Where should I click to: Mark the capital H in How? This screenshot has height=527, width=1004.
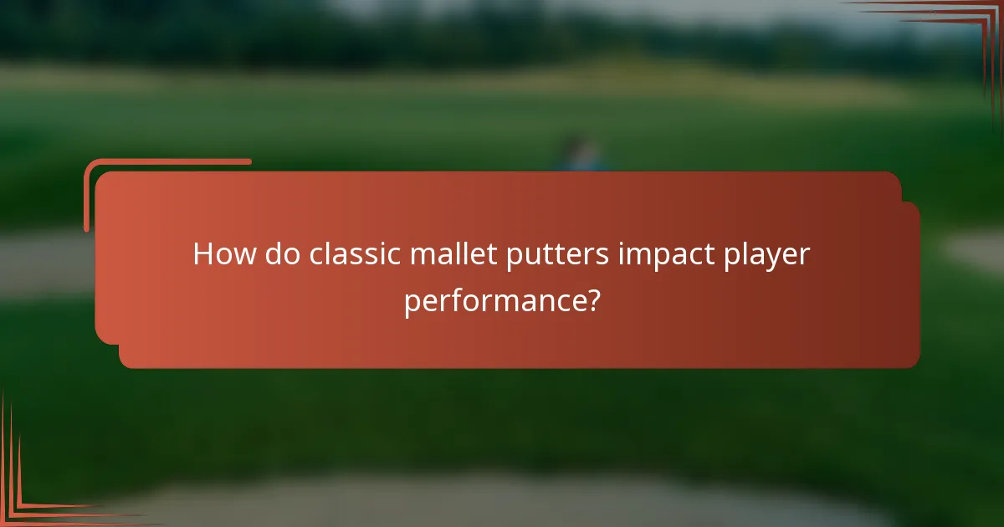[x=203, y=254]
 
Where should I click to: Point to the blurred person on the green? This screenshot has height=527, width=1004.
[x=576, y=156]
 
